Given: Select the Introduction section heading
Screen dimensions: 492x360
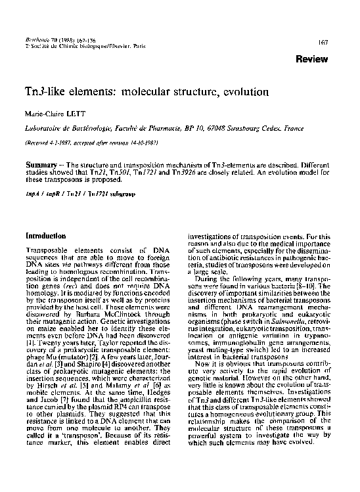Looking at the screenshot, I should click(x=45, y=235).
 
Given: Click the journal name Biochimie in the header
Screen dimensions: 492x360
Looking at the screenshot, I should click(x=35, y=41).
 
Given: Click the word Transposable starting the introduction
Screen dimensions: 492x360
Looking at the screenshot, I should click(x=45, y=252).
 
